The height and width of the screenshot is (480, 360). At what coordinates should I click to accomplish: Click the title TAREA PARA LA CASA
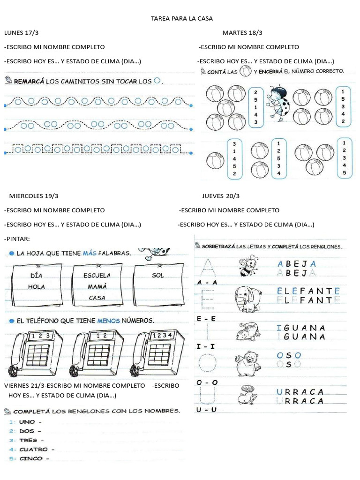(182, 19)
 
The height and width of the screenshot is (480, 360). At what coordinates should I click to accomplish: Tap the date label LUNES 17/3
(22, 32)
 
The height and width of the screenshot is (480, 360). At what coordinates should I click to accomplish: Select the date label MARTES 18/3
(242, 32)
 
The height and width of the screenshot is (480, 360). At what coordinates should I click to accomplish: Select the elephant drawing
(248, 299)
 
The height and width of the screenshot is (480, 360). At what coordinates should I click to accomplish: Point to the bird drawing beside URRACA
(247, 395)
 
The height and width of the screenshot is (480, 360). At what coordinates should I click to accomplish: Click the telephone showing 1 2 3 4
(155, 352)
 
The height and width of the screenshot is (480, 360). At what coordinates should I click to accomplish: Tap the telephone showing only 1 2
(97, 352)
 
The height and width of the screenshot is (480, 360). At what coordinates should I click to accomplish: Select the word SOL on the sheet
(158, 275)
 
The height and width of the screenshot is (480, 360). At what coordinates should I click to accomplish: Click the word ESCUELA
(97, 275)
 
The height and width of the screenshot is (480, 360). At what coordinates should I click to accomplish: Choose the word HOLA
(36, 286)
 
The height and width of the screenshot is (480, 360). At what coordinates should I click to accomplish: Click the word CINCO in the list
(30, 458)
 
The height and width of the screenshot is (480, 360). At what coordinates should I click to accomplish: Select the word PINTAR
(17, 239)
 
